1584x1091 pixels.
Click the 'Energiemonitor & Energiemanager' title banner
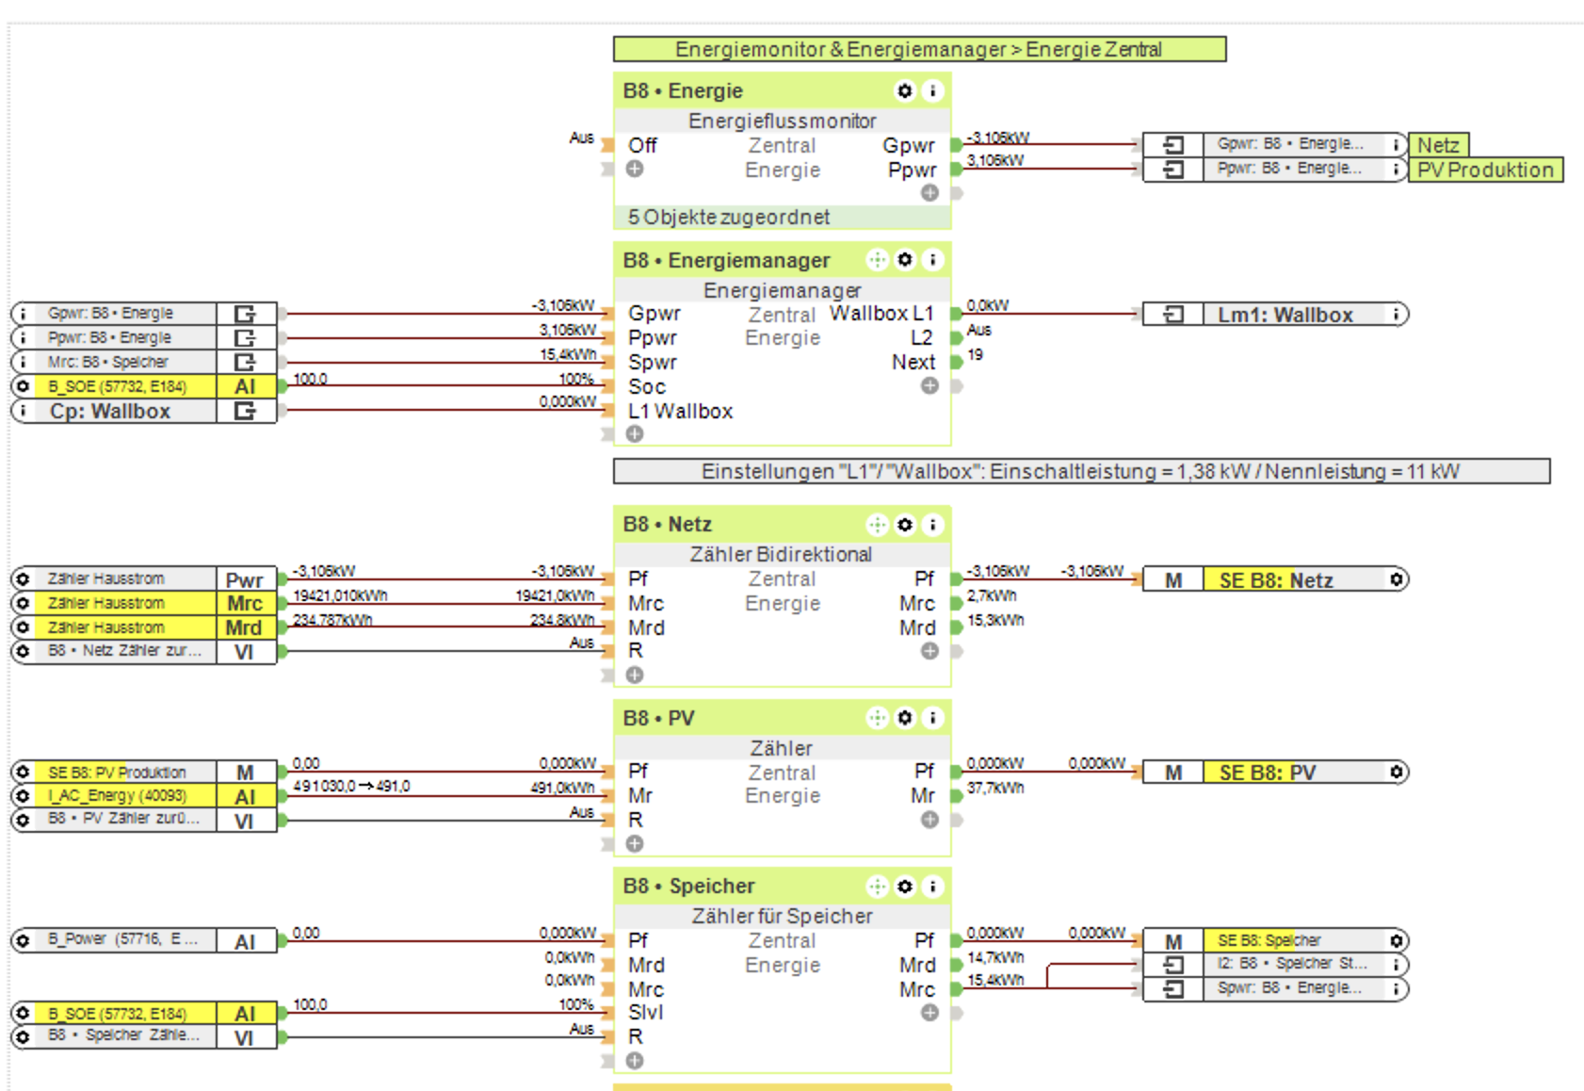click(918, 49)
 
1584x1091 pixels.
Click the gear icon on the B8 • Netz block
click(905, 525)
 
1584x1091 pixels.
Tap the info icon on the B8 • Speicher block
click(932, 887)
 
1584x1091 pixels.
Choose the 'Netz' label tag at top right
click(1438, 145)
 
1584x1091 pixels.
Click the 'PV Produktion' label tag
click(1485, 171)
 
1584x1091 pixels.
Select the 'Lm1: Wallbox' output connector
click(1285, 315)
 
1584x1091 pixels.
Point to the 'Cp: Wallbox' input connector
click(110, 412)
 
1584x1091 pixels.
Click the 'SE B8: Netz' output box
click(1276, 580)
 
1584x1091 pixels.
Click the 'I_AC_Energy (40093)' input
click(118, 796)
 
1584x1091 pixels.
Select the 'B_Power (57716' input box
click(122, 940)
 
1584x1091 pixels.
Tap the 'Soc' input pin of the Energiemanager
click(647, 386)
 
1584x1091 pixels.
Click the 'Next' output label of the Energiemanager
click(913, 363)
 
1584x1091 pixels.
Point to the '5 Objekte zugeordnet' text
click(729, 218)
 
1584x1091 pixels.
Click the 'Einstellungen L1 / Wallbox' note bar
click(1080, 471)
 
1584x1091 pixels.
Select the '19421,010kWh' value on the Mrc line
click(340, 596)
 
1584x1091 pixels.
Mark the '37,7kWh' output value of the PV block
click(995, 789)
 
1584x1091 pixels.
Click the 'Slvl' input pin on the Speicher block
click(646, 1013)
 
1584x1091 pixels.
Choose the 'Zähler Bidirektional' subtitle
click(781, 555)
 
